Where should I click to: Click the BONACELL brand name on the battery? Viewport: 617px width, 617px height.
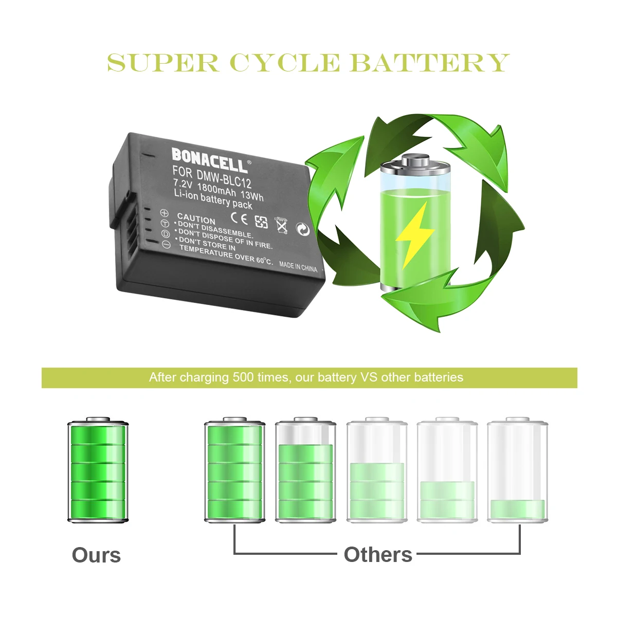tap(210, 160)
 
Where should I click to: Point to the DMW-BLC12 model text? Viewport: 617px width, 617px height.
tap(224, 178)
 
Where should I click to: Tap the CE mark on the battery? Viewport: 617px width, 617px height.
tap(240, 219)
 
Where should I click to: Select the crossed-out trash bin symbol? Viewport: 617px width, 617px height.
tap(281, 225)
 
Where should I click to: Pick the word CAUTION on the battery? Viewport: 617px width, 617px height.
tap(196, 219)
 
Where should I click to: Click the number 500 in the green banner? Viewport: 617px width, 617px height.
tap(243, 377)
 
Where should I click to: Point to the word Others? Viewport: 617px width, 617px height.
tap(378, 555)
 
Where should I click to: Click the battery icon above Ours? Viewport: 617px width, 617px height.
tap(98, 470)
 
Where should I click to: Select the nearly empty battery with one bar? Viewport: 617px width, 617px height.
tap(517, 470)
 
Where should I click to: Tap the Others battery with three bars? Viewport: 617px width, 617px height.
tap(377, 470)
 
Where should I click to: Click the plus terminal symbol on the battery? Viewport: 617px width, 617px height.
tap(164, 212)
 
